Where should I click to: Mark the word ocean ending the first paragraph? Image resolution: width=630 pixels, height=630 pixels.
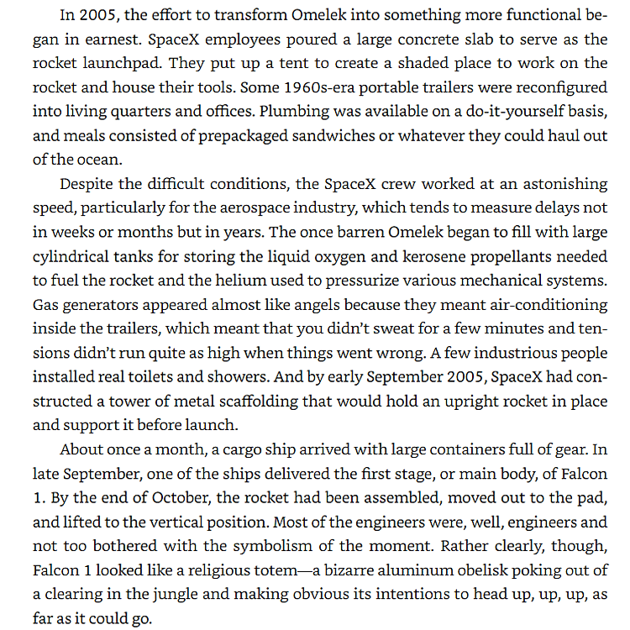[x=97, y=160]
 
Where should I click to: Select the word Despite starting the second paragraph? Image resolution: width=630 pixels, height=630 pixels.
[x=87, y=184]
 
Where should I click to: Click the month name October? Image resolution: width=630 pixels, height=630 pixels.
[x=180, y=498]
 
